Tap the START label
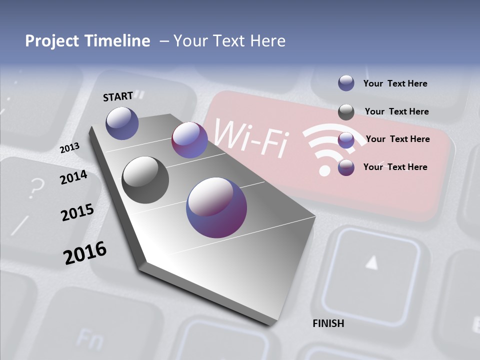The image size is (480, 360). (118, 96)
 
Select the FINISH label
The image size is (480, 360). (328, 323)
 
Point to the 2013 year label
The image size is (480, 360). (70, 148)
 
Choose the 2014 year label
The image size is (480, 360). (73, 177)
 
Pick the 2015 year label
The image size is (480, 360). (77, 212)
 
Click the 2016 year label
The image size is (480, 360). (85, 253)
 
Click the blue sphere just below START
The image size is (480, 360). (122, 123)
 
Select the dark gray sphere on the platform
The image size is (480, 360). (145, 179)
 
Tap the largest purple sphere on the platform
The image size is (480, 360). (216, 207)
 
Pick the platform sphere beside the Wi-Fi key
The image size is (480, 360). (189, 140)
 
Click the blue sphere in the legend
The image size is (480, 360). (346, 83)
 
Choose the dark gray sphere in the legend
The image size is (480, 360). (346, 112)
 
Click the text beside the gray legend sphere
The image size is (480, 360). (396, 111)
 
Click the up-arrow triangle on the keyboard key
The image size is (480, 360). (371, 261)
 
